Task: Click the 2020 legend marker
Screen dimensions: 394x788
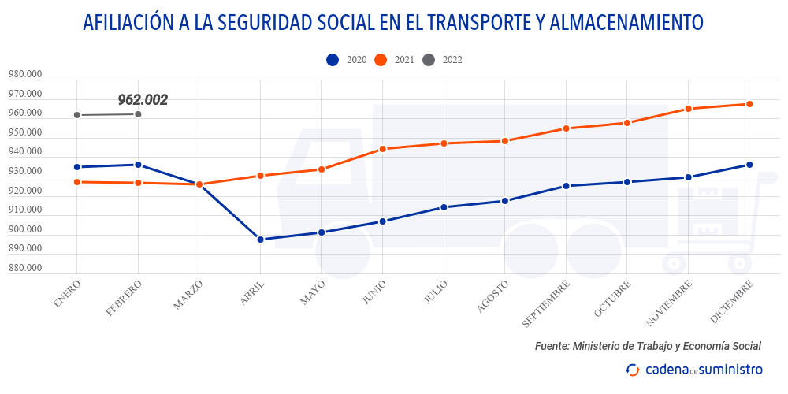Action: click(x=333, y=60)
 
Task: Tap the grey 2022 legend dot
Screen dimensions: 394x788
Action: click(x=429, y=60)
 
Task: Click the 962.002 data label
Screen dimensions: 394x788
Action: click(x=143, y=100)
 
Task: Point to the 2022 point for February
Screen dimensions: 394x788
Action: click(x=139, y=114)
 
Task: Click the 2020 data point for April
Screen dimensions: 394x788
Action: click(x=261, y=240)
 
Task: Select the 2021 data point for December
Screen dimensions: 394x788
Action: click(x=749, y=104)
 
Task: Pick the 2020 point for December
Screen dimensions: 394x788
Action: click(x=749, y=165)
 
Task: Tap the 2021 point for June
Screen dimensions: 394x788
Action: click(x=383, y=149)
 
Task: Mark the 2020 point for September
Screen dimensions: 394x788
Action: click(x=567, y=186)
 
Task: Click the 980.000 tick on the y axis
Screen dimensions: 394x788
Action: click(x=25, y=75)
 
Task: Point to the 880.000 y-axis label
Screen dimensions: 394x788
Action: click(x=25, y=268)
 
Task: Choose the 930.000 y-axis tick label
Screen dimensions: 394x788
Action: click(x=25, y=172)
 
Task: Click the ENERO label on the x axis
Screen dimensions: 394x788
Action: click(x=68, y=293)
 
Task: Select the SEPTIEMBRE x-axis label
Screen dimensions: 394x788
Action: click(x=545, y=303)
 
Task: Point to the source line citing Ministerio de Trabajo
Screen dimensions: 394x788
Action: click(x=648, y=346)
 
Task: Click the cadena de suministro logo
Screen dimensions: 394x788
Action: click(x=693, y=369)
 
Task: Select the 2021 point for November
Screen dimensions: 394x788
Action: click(x=689, y=109)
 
